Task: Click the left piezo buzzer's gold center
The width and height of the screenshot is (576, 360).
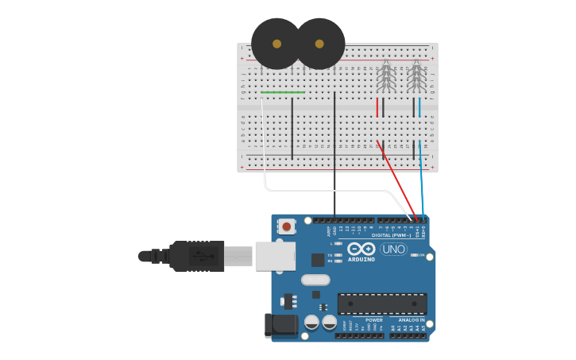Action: point(276,45)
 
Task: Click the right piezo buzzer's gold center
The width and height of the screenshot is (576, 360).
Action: point(319,45)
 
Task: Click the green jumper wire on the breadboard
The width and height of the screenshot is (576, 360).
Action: point(283,92)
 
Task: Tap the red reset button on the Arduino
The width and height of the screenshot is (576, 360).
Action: point(287,226)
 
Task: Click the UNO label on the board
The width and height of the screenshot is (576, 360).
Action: point(393,249)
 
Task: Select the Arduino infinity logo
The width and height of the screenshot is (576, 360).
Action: point(361,249)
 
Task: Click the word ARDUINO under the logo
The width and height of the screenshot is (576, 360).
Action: point(361,260)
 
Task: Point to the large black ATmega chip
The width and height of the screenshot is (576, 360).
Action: point(381,303)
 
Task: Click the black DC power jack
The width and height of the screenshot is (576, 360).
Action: point(280,324)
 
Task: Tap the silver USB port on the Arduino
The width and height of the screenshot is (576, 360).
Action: point(276,256)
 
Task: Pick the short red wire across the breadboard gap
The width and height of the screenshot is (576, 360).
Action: point(377,106)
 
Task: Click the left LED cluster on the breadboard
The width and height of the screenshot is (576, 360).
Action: point(385,77)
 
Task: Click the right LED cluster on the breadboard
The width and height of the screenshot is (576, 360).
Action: point(416,77)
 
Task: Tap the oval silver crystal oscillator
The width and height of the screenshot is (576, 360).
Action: point(315,280)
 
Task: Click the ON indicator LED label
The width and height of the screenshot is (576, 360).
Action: point(422,255)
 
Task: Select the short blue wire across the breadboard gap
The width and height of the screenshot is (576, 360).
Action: point(419,106)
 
